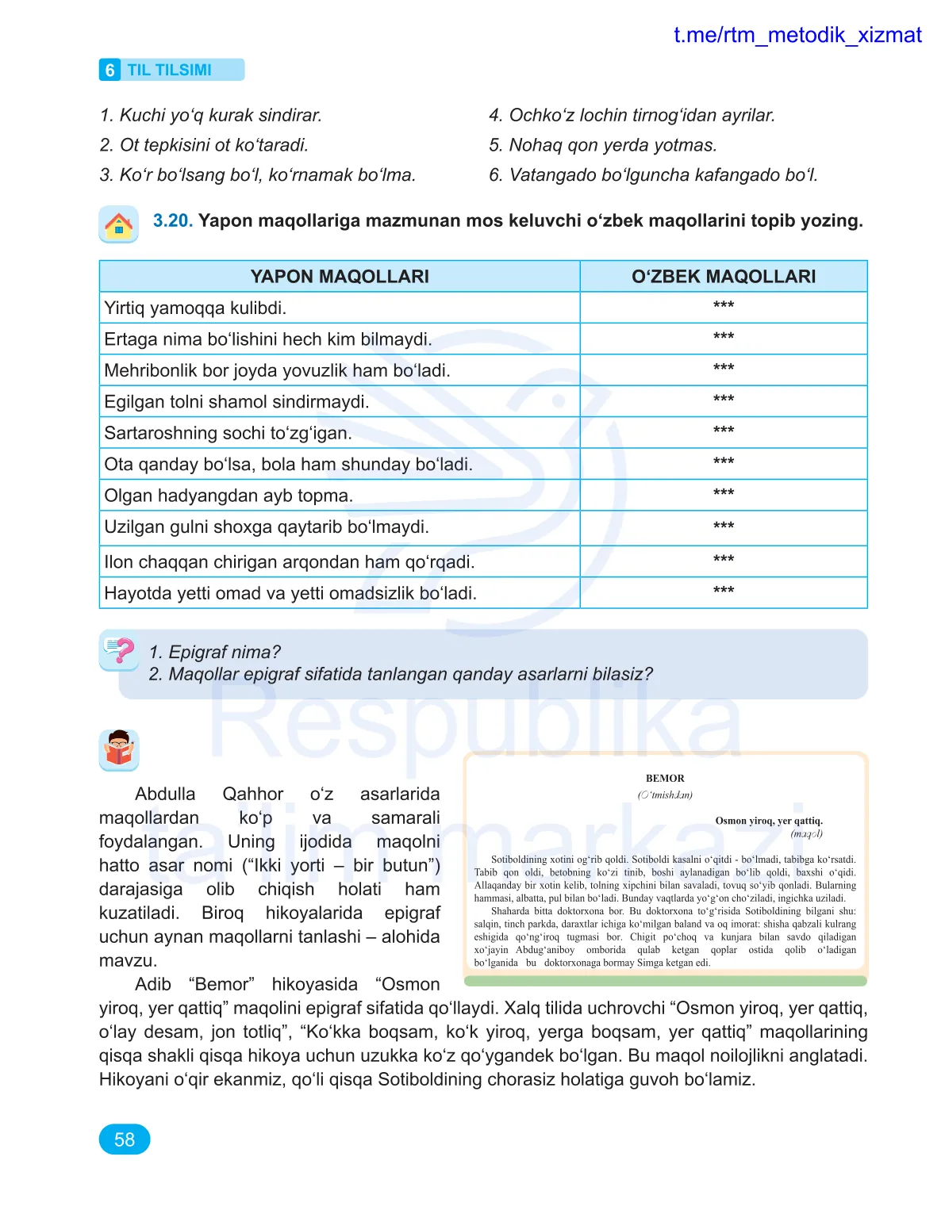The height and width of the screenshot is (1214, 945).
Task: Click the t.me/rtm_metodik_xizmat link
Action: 797,35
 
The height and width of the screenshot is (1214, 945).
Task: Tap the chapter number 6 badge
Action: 109,70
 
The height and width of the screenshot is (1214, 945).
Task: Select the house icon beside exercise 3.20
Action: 119,224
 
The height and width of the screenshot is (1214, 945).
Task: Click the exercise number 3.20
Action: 172,220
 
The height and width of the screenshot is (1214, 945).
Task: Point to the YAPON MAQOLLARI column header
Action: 340,277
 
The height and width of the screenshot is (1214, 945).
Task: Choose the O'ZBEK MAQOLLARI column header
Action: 723,277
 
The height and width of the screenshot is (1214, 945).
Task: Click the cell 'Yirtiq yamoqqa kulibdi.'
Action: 195,308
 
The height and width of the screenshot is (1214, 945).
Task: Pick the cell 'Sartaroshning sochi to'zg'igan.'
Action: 228,433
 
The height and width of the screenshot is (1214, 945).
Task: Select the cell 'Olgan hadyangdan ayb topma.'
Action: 229,496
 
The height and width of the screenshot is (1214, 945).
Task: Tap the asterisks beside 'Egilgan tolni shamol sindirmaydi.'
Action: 723,400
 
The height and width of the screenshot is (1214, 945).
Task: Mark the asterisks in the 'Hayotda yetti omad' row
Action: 723,591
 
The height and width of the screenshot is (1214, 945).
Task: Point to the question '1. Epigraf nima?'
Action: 214,652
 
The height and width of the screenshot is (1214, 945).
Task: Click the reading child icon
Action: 119,749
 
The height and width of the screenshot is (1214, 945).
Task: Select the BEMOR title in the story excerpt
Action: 665,779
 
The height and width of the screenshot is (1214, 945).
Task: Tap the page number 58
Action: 125,1139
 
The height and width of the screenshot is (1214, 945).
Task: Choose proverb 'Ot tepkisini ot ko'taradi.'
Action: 204,145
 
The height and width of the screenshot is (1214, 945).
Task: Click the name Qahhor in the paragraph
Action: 252,795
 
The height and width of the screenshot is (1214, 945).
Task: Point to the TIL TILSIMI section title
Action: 170,70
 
